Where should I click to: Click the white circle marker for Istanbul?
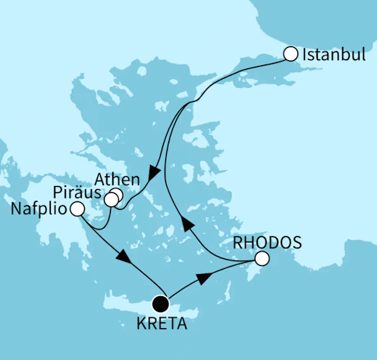[290, 54]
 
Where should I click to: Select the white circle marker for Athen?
[117, 195]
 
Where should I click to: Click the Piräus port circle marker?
[111, 201]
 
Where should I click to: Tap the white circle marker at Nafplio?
[77, 209]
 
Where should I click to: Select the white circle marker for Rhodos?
[261, 259]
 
